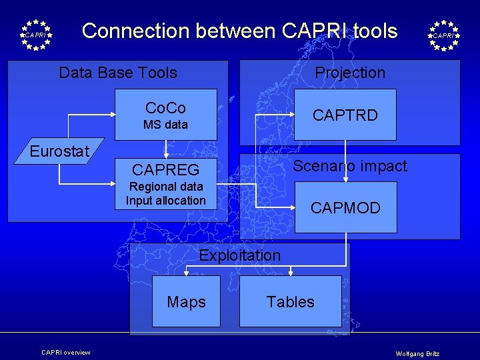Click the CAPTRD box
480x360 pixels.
(345, 115)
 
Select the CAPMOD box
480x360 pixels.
(345, 207)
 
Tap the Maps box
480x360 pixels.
(186, 301)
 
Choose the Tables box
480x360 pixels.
(290, 301)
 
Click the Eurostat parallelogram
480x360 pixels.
(59, 151)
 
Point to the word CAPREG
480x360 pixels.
(165, 170)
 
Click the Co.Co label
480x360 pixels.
(165, 108)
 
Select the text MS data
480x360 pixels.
(165, 125)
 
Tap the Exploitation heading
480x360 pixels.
(240, 255)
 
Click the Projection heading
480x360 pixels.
(350, 73)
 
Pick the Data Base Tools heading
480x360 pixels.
(118, 73)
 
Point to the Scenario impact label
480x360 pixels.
(350, 166)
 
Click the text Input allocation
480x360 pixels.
(165, 200)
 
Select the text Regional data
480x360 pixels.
(165, 187)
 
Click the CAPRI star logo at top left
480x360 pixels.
(36, 35)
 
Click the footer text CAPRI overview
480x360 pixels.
(65, 352)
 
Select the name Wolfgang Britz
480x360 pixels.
(417, 353)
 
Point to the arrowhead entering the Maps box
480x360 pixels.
(186, 273)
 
